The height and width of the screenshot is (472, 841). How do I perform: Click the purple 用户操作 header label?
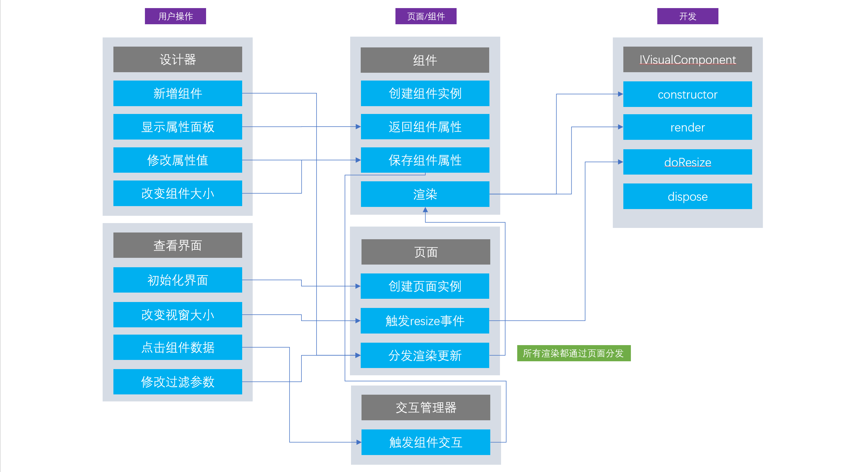pyautogui.click(x=175, y=16)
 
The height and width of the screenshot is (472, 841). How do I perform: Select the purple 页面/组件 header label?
pyautogui.click(x=426, y=16)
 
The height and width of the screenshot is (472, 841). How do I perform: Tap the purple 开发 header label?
pyautogui.click(x=687, y=16)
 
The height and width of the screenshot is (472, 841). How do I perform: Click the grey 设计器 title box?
pyautogui.click(x=178, y=60)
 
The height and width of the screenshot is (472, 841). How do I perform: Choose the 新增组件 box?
pyautogui.click(x=178, y=93)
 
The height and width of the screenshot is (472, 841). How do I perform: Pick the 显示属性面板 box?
pyautogui.click(x=178, y=127)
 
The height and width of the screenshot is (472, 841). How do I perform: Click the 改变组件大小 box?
pyautogui.click(x=178, y=193)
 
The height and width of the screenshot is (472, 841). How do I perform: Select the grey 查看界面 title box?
pyautogui.click(x=178, y=245)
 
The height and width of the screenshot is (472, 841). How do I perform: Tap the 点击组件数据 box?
pyautogui.click(x=178, y=347)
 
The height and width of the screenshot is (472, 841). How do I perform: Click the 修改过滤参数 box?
pyautogui.click(x=178, y=381)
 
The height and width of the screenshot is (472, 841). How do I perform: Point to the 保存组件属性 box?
pyautogui.click(x=425, y=160)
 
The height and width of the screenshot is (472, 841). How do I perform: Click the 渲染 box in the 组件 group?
pyautogui.click(x=425, y=194)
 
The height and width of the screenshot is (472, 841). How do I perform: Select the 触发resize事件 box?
pyautogui.click(x=425, y=321)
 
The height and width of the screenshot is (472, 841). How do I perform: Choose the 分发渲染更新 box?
pyautogui.click(x=425, y=355)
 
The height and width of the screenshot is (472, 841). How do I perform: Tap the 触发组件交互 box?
pyautogui.click(x=425, y=442)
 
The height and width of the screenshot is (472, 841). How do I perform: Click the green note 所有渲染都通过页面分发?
pyautogui.click(x=574, y=353)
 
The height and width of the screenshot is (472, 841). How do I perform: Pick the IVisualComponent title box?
pyautogui.click(x=687, y=60)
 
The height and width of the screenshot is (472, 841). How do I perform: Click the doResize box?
pyautogui.click(x=687, y=162)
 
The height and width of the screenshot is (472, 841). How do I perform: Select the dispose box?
pyautogui.click(x=687, y=196)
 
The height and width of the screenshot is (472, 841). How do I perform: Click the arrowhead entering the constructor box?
pyautogui.click(x=620, y=94)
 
